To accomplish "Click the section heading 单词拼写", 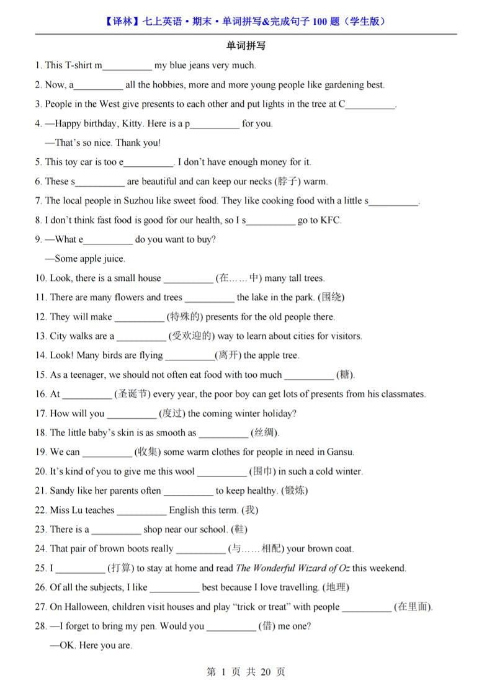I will click(246, 46).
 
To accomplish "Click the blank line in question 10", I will click(188, 279).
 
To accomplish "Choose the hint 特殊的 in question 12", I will click(184, 316).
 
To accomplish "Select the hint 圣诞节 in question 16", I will click(132, 394).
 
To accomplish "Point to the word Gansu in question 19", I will click(340, 452).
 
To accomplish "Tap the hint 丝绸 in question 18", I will click(265, 432).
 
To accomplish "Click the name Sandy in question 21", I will click(62, 491).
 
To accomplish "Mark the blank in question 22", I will click(141, 511).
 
